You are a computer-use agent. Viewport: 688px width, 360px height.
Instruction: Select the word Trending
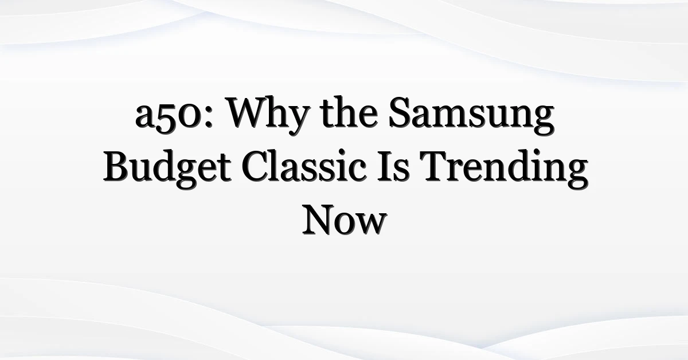click(504, 169)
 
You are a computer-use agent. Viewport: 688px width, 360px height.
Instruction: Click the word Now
click(345, 220)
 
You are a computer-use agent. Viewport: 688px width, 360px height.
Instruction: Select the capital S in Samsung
click(400, 112)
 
